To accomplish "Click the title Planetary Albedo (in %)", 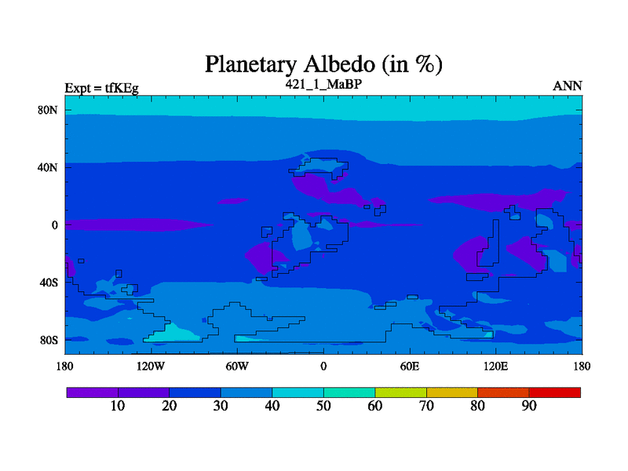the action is tap(323, 64).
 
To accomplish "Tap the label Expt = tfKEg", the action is tap(102, 88).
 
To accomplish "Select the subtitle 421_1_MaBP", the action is tap(323, 84).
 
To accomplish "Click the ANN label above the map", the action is tap(567, 86).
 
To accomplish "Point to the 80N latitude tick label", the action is tap(48, 110).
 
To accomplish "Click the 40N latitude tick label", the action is tap(48, 167).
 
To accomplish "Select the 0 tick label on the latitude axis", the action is tap(54, 225).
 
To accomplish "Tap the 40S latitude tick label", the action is tap(49, 283).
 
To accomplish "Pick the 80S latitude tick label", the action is tap(49, 341).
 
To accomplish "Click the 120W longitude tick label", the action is tap(151, 367).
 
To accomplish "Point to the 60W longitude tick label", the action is tap(237, 367).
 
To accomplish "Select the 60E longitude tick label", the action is tap(410, 367).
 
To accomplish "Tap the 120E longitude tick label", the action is tap(496, 367).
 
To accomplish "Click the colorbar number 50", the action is tap(323, 406).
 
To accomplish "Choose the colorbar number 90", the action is tap(529, 406).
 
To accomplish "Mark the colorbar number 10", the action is tap(118, 406).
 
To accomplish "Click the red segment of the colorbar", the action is tap(555, 392).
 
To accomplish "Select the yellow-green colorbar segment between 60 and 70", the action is tap(400, 392).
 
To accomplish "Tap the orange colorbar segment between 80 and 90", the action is tap(503, 392).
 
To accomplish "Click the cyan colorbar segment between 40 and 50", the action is tap(298, 392).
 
